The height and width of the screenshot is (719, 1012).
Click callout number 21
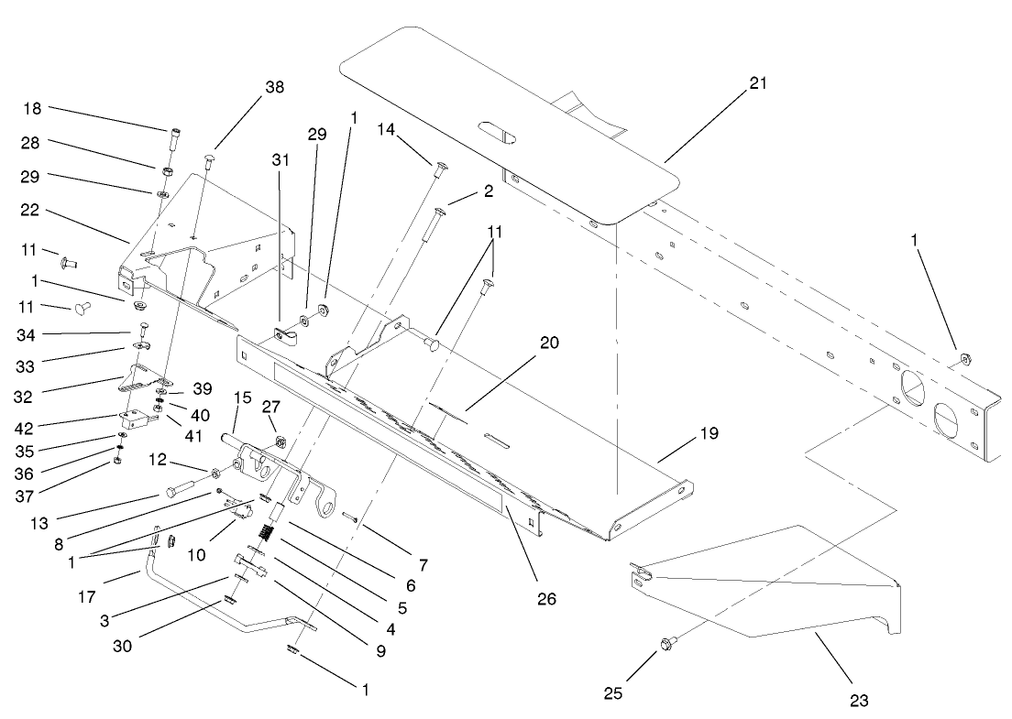(x=757, y=82)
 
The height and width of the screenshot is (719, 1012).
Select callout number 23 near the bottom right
(x=858, y=702)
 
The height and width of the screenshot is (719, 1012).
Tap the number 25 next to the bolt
(x=613, y=693)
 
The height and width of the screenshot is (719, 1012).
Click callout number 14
(x=387, y=130)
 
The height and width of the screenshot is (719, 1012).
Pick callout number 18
(x=32, y=109)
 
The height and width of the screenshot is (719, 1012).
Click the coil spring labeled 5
(x=271, y=532)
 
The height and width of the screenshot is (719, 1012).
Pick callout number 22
(x=31, y=210)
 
